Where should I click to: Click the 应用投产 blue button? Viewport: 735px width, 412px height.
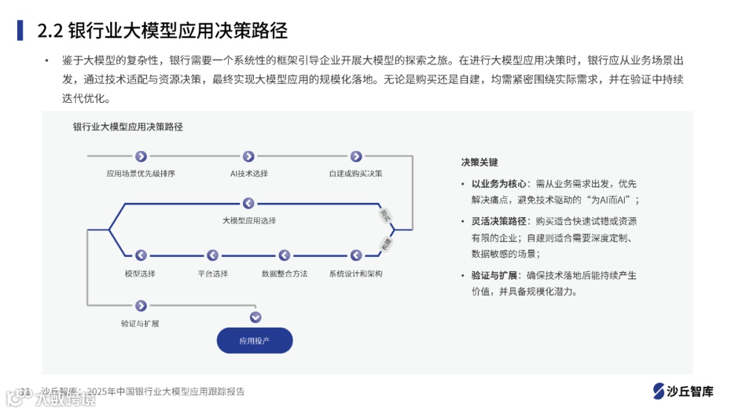255,340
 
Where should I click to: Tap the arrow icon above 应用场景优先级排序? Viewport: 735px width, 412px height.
141,157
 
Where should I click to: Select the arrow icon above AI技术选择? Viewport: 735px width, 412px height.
248,157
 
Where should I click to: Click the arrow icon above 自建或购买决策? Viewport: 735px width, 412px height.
356,157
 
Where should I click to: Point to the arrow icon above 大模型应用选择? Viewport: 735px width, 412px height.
248,203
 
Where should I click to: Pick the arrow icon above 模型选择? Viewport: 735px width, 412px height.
141,255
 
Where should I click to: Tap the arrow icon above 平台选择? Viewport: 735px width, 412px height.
212,255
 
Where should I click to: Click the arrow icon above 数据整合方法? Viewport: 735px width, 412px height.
284,255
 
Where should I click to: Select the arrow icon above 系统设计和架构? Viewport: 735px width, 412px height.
356,255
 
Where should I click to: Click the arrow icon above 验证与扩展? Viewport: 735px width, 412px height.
141,306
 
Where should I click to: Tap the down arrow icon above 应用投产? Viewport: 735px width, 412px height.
255,317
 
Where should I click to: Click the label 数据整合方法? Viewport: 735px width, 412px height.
284,274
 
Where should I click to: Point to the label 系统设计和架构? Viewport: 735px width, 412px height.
356,274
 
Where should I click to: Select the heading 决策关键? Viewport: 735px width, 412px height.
479,162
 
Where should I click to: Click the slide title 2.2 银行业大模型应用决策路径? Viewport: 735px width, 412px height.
162,31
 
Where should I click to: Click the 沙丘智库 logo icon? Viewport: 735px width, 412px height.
658,391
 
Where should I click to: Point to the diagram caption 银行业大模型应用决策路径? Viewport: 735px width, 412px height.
128,127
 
